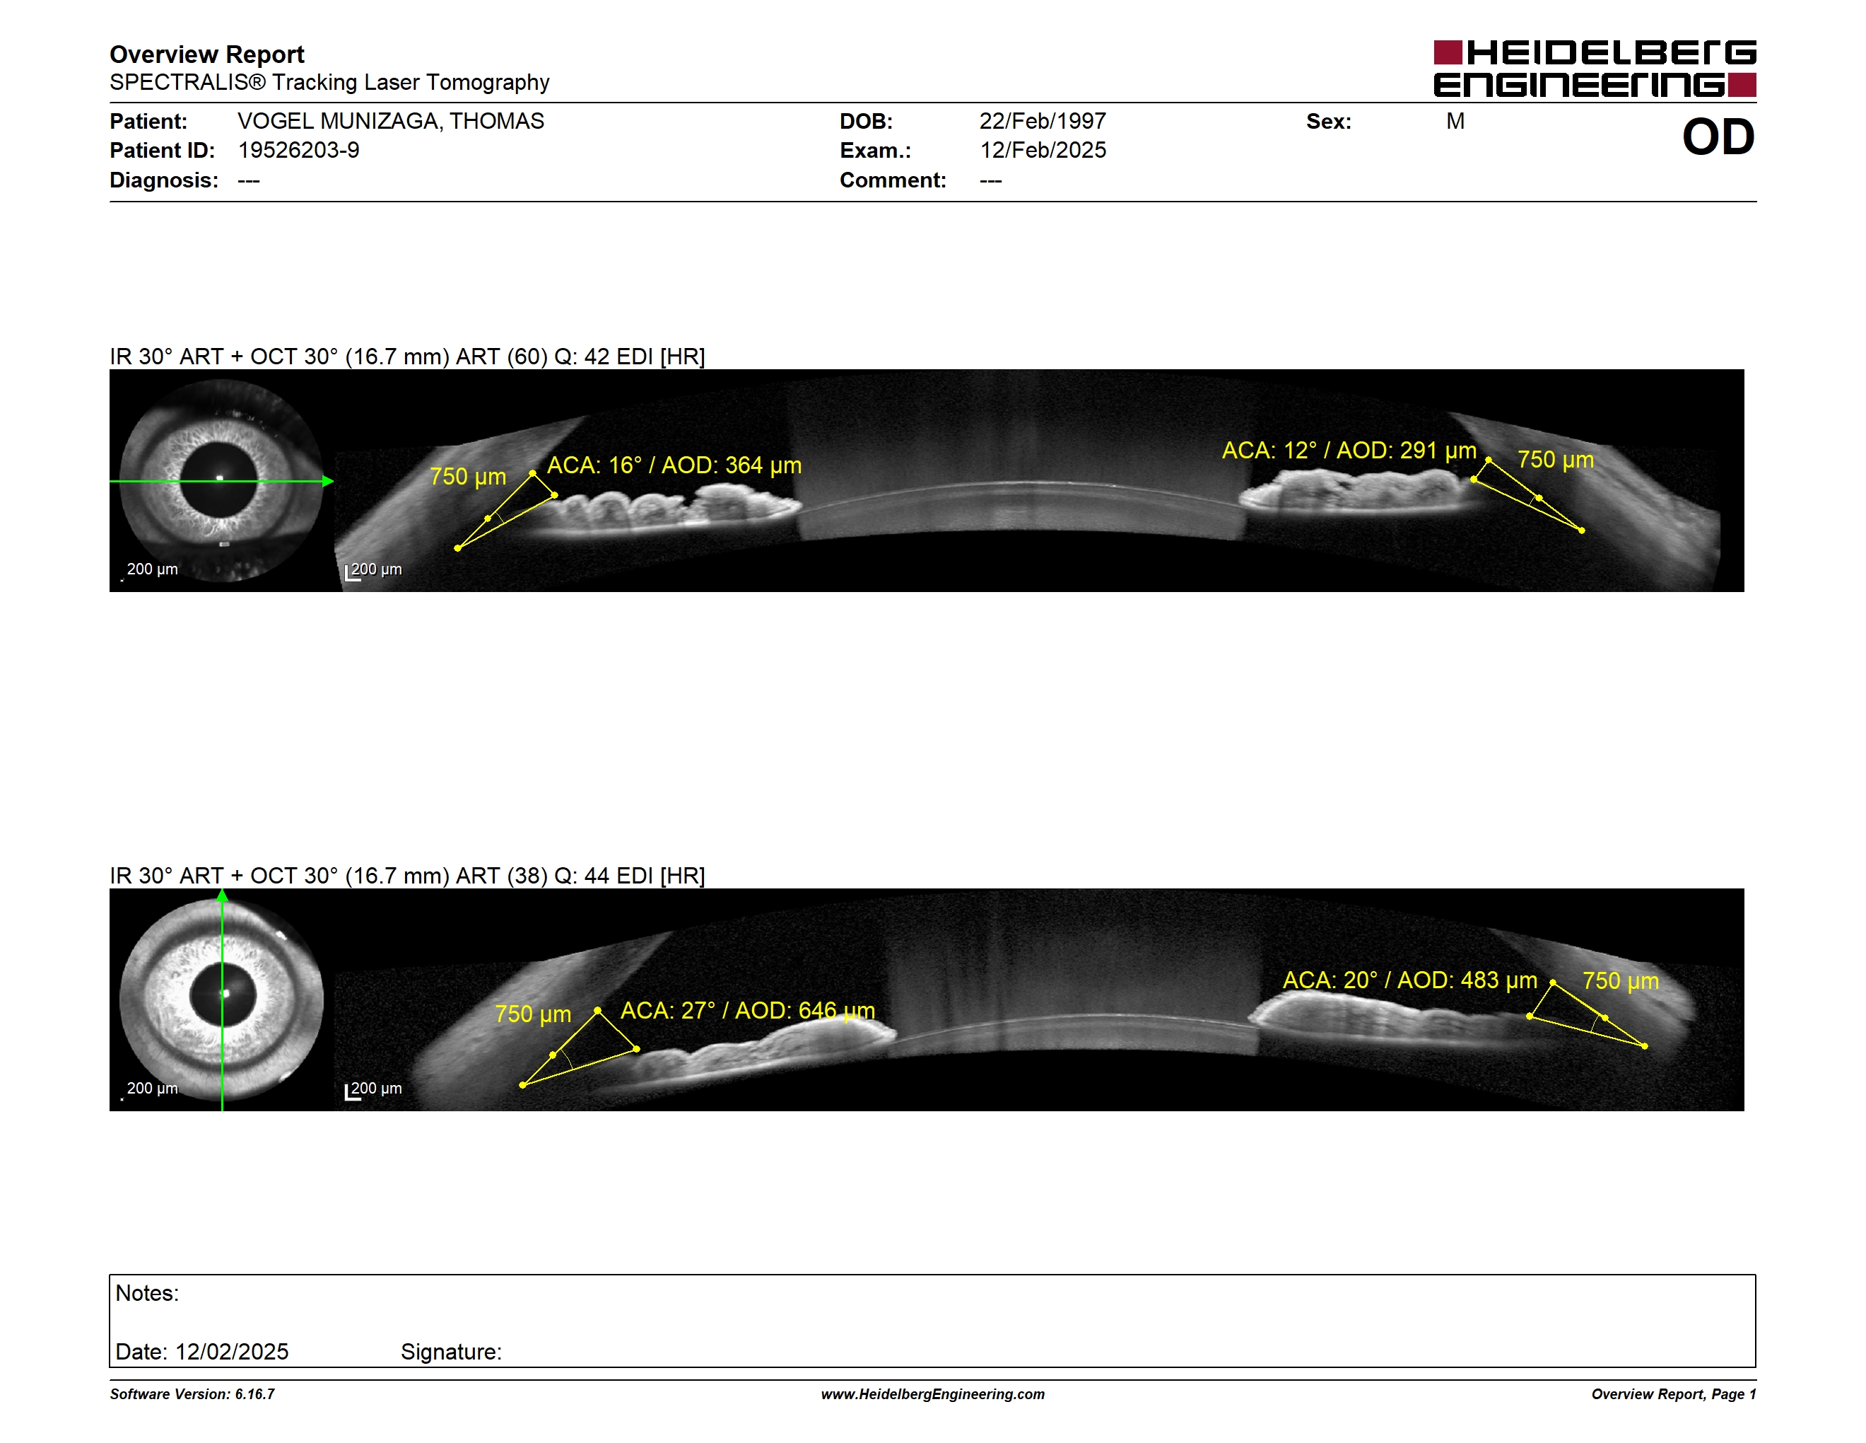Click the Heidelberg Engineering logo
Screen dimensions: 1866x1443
(x=1595, y=69)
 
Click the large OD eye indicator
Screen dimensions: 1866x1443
(x=1718, y=137)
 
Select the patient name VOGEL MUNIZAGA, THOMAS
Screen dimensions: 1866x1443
(x=390, y=122)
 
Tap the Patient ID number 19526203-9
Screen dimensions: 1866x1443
(x=298, y=151)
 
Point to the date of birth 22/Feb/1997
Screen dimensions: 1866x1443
(x=1043, y=122)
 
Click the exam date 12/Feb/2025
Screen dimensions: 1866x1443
(x=1043, y=151)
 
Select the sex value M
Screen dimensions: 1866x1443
(x=1455, y=122)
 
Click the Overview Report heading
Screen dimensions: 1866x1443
(x=207, y=54)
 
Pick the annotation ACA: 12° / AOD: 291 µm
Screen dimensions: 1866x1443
(x=1349, y=451)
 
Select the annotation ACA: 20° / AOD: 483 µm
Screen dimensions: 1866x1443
(x=1410, y=980)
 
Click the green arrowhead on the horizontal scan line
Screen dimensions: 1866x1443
(x=328, y=481)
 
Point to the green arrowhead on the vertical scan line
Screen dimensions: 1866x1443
(x=222, y=895)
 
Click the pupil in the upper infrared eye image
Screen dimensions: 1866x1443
(x=218, y=480)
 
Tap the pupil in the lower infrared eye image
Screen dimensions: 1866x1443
(x=222, y=995)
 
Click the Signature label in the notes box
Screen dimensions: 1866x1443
(x=451, y=1352)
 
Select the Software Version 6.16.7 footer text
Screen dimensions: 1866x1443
(x=192, y=1394)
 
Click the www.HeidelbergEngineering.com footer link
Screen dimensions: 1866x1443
(x=933, y=1394)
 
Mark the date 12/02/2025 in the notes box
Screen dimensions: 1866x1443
(x=232, y=1352)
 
